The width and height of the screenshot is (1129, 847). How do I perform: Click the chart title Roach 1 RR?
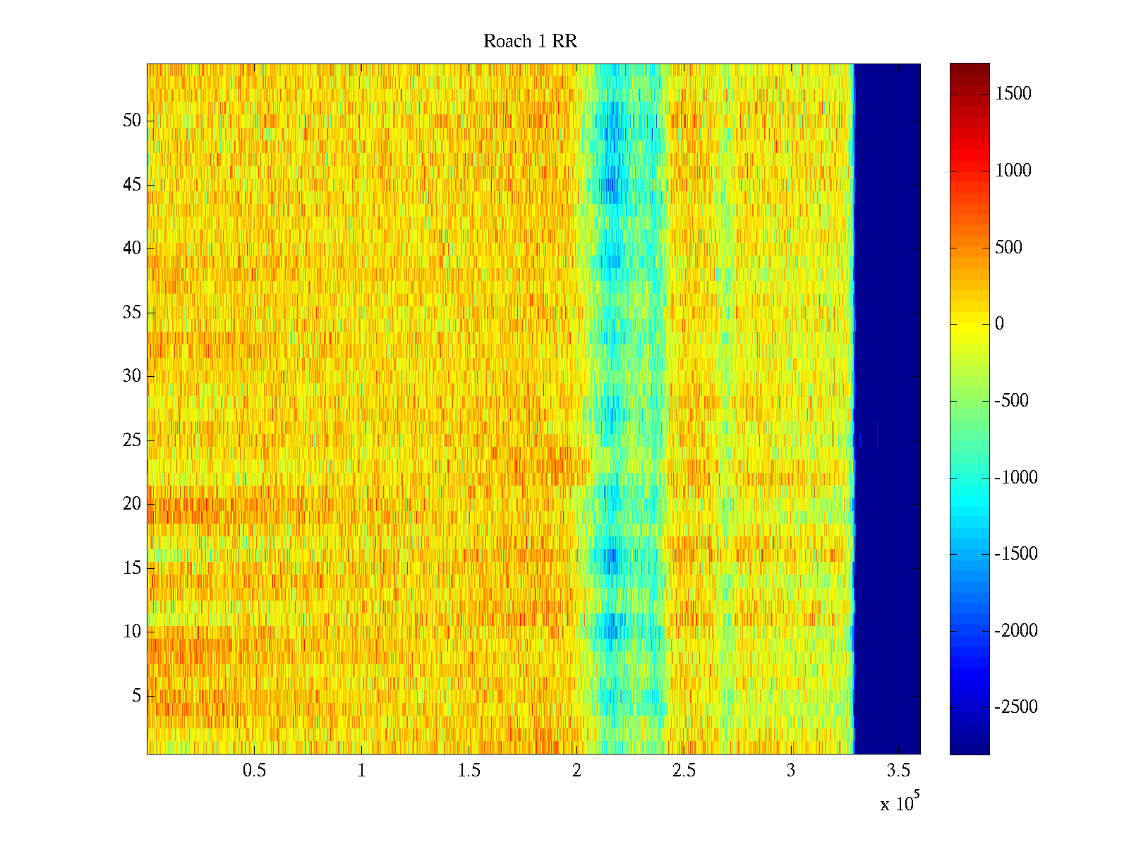[530, 42]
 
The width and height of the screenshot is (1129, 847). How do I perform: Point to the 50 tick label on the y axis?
[132, 121]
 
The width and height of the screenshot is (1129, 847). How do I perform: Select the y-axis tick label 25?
[132, 440]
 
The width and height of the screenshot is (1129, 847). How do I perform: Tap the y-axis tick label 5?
[136, 696]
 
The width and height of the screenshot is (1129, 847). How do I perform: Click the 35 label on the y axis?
[132, 313]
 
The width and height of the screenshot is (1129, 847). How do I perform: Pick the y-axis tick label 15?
[132, 568]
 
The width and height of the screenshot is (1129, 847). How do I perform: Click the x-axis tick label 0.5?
[254, 771]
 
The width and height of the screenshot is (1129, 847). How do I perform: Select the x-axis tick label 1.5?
[469, 771]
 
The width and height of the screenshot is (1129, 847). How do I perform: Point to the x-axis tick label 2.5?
[684, 771]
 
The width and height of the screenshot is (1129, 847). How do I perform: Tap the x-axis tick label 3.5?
[898, 771]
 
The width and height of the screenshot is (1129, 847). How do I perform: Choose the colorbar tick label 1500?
[1013, 94]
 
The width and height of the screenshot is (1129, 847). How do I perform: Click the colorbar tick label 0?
[999, 324]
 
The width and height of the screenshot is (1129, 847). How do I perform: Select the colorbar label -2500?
[1015, 707]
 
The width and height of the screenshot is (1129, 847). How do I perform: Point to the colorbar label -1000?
[1015, 478]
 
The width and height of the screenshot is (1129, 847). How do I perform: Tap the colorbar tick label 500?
[1008, 247]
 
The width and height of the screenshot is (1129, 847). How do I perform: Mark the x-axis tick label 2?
[576, 771]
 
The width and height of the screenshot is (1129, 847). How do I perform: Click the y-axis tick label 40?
[132, 248]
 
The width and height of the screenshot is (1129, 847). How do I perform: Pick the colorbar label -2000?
[1015, 631]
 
